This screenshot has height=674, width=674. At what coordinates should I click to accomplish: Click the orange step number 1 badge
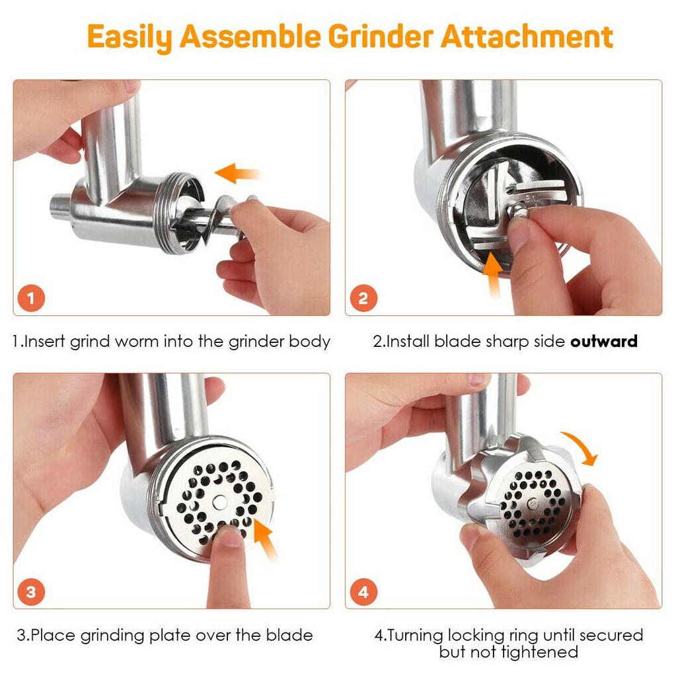click(x=32, y=299)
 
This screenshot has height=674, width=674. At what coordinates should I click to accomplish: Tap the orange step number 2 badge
click(x=363, y=299)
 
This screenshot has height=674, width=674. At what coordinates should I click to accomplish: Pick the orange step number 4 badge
click(x=363, y=591)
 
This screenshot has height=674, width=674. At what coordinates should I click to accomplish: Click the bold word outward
click(x=604, y=342)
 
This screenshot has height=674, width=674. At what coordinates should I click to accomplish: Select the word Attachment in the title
click(x=527, y=37)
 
